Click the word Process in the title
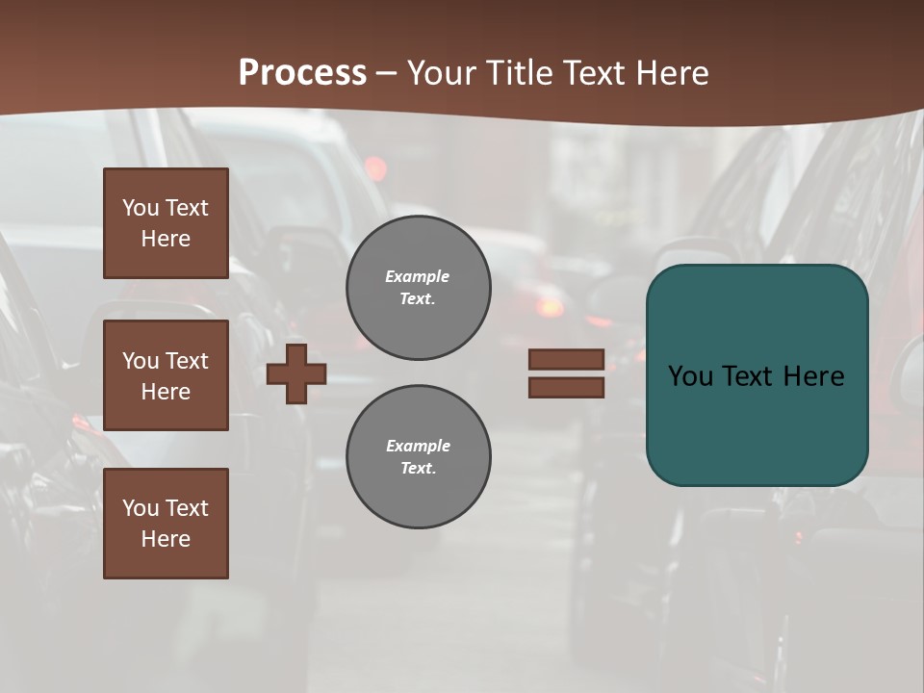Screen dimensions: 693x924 tap(302, 73)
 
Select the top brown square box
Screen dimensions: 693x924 tap(166, 223)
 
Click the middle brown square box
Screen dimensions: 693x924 tap(166, 375)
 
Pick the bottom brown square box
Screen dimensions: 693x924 tap(166, 524)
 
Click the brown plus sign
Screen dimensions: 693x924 tap(296, 373)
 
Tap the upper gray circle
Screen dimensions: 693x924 tap(419, 287)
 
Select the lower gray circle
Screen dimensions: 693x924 tap(419, 457)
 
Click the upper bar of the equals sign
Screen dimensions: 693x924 tap(566, 360)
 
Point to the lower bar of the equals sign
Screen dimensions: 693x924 tap(566, 387)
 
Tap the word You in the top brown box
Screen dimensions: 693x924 tap(141, 208)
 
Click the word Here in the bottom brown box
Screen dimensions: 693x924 tap(166, 539)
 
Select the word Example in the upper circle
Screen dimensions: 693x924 tap(418, 276)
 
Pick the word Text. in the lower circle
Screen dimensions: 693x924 tap(418, 469)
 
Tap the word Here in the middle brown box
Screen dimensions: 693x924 tap(166, 392)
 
